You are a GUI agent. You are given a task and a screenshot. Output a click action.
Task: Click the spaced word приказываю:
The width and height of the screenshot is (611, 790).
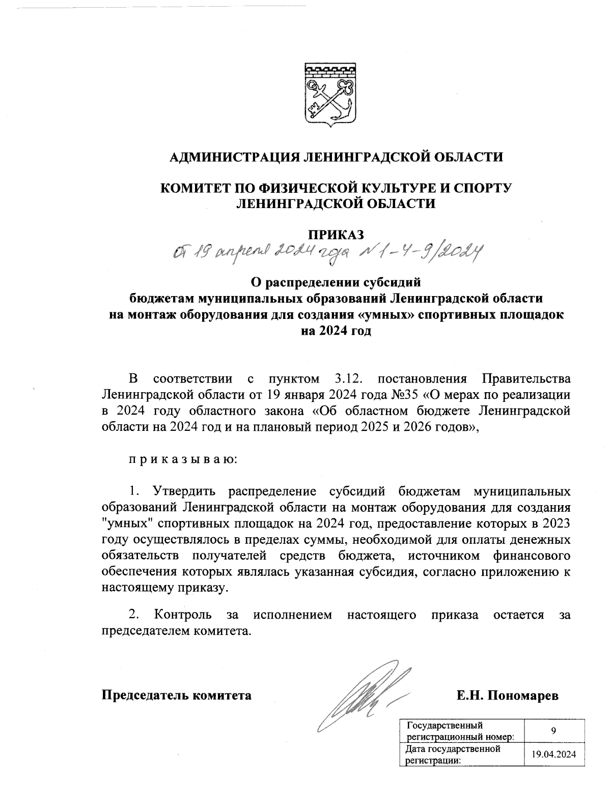pos(182,460)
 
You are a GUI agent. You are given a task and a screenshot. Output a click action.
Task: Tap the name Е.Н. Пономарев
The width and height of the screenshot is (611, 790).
pos(507,695)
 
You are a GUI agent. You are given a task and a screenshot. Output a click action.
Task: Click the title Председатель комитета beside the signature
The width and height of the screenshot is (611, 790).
pos(177,695)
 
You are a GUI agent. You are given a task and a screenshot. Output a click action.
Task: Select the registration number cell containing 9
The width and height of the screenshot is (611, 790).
pos(552,731)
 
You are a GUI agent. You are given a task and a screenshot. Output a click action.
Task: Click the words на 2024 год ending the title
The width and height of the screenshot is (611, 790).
pos(336,331)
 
